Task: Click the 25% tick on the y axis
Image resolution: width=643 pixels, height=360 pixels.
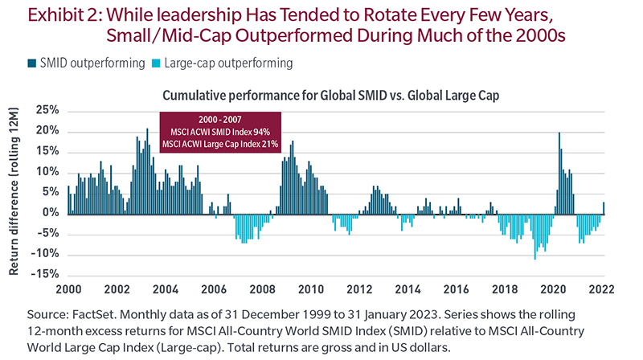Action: (x=46, y=109)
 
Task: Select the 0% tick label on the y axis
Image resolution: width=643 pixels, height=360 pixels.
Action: (x=50, y=213)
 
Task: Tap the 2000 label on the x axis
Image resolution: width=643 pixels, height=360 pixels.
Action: (x=67, y=289)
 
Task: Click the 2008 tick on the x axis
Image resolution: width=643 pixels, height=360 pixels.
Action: (x=263, y=289)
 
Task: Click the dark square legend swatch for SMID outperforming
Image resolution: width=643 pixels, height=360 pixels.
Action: (x=18, y=62)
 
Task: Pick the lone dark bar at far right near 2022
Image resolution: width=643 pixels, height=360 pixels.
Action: (x=604, y=207)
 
